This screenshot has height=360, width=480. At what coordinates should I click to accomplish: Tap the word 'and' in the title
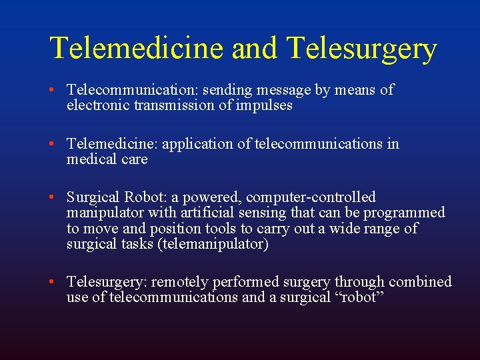[x=256, y=49]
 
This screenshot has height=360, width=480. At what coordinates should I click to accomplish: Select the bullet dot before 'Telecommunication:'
[x=59, y=90]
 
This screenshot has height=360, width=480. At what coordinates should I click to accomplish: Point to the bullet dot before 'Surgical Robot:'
[x=59, y=197]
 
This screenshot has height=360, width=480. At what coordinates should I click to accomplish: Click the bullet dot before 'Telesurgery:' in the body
[x=59, y=282]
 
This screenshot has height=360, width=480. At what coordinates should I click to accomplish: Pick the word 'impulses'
[x=266, y=106]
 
